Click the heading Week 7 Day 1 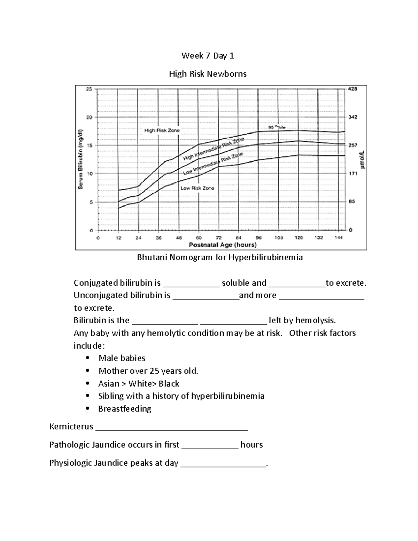[x=208, y=56]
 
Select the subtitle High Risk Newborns [x=208, y=74]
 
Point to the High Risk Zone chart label [x=162, y=131]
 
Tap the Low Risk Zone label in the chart [x=197, y=188]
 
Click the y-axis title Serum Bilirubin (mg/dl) [x=80, y=159]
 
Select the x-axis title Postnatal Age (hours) [x=223, y=245]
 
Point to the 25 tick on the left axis [x=89, y=89]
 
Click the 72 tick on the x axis [x=218, y=238]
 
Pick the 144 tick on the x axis [x=339, y=238]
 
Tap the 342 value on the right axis [x=353, y=117]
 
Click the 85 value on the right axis [x=352, y=202]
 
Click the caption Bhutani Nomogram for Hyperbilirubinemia [x=220, y=257]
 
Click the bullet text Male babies [x=122, y=358]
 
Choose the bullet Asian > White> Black [x=139, y=384]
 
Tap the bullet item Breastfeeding [x=125, y=409]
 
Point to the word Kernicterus [x=71, y=427]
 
